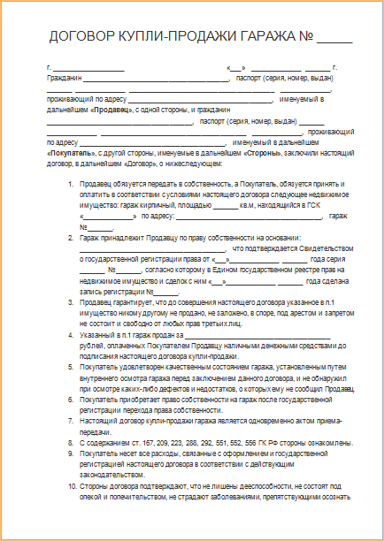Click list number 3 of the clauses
[x=71, y=303]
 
